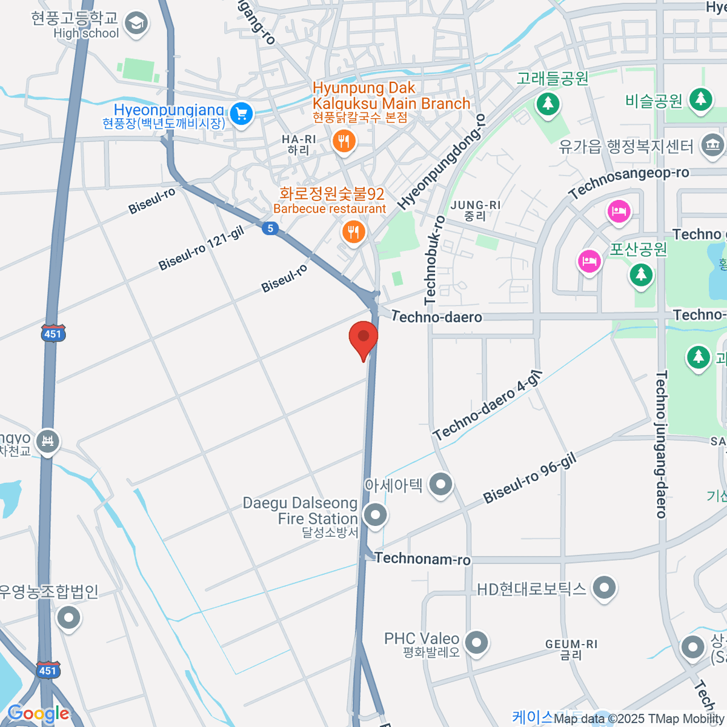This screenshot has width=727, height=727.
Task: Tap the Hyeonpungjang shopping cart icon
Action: click(242, 113)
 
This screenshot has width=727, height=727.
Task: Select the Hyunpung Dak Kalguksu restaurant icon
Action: click(344, 142)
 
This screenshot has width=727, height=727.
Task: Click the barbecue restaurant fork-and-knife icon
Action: click(353, 231)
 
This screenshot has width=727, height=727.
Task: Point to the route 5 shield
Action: click(270, 228)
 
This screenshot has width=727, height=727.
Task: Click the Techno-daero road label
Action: click(437, 316)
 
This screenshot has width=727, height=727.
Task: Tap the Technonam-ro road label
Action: click(422, 559)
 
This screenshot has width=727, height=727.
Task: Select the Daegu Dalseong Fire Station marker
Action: click(376, 516)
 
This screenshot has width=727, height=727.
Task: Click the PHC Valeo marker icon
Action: click(477, 643)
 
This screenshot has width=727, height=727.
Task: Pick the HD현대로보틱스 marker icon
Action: click(604, 587)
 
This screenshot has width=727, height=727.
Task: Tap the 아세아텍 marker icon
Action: click(440, 484)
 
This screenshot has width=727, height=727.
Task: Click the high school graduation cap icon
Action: click(136, 24)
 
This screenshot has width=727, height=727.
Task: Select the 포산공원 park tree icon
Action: click(640, 274)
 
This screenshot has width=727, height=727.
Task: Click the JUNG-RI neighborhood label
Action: click(476, 210)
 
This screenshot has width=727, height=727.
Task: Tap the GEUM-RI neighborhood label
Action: click(571, 649)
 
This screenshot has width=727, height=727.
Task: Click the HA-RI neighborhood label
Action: click(299, 144)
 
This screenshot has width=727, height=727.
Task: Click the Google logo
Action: click(38, 714)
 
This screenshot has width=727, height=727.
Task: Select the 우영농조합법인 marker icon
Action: click(68, 618)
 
